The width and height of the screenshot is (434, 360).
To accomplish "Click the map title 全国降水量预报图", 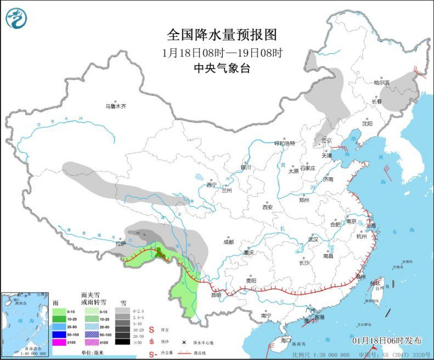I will pos(222,35).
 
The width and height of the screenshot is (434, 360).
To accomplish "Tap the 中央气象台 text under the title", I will pos(222,68).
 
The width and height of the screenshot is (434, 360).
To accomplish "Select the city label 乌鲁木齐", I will pos(116,106).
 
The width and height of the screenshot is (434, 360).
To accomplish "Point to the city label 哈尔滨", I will pos(381,83).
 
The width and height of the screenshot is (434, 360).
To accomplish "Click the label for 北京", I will pos(327,140).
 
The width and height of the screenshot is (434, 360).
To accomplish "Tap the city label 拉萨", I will pos(121,243).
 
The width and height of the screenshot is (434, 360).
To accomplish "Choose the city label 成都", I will pos(228,241).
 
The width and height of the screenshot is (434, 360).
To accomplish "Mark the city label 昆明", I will pos(215,295).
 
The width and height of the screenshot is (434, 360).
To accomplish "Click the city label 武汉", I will pos(313,239).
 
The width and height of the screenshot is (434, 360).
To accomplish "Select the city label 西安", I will pos(267,207).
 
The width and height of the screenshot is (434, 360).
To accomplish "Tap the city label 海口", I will pos(285,340).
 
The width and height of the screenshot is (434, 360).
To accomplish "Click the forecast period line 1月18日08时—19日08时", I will pos(222,53).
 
